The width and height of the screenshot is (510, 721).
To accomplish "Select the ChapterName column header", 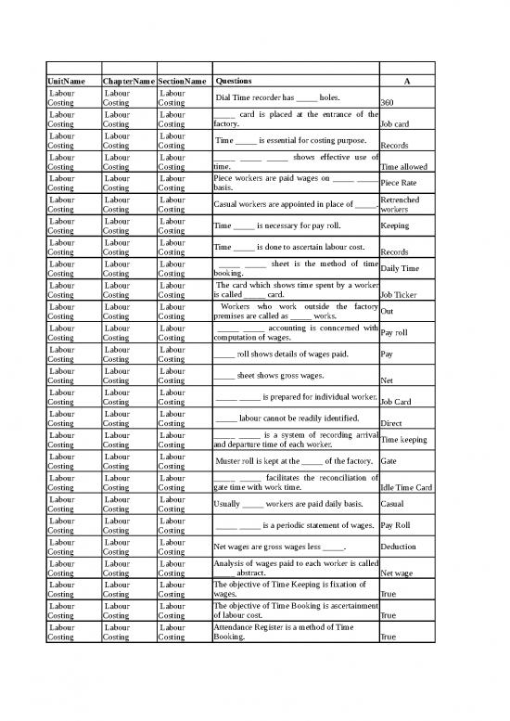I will click(x=127, y=82).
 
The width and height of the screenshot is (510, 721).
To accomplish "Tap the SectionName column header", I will click(x=182, y=82).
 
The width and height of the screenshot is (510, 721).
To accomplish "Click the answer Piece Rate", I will click(x=399, y=183).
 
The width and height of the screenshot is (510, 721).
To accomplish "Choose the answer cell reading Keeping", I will click(x=396, y=225).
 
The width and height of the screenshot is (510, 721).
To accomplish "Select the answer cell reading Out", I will click(x=388, y=312).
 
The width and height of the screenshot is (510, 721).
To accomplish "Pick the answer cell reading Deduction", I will click(x=398, y=547).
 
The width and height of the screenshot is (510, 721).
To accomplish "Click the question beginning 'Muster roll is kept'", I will click(x=294, y=461).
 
